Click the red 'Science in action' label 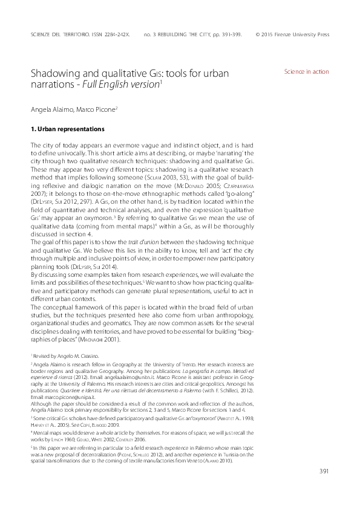[306, 71]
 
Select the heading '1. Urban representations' [67, 129]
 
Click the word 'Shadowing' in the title [56, 74]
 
